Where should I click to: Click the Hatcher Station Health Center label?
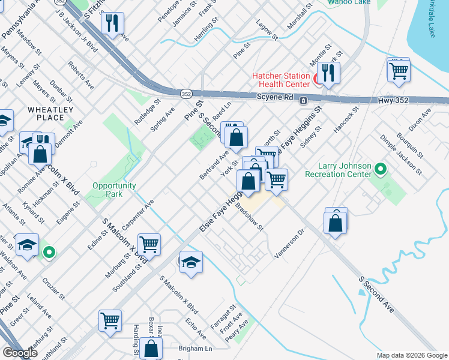[280, 81]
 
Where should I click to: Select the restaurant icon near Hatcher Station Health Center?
[328, 73]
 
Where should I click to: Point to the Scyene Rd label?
[274, 97]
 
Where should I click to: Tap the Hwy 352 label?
[393, 101]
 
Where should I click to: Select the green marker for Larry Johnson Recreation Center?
[380, 170]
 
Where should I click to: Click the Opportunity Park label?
[114, 190]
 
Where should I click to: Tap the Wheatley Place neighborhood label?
[50, 113]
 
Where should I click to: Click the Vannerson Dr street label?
[290, 242]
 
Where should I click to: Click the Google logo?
[20, 353]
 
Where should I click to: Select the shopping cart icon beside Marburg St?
[149, 244]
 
